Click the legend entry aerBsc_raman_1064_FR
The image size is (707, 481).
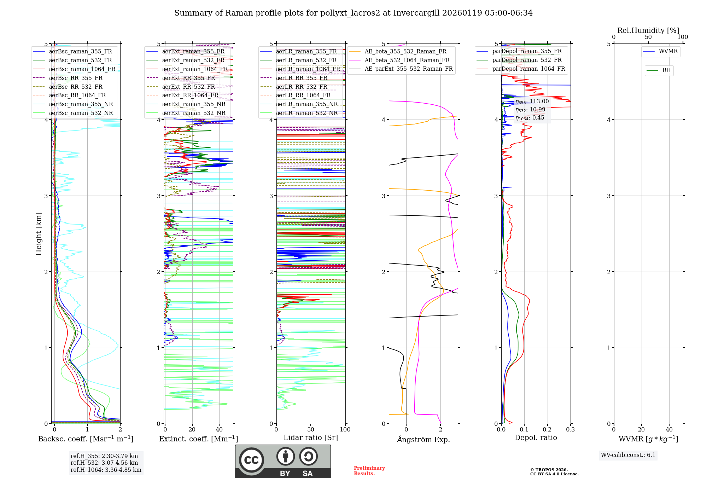[x=82, y=69]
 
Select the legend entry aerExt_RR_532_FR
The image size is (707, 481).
[x=188, y=87]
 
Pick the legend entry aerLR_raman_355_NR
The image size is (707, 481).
[x=306, y=104]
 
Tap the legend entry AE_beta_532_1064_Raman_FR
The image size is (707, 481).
[x=407, y=60]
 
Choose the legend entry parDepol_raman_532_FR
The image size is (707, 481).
[x=527, y=60]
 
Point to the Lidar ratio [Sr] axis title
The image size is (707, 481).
[x=310, y=437]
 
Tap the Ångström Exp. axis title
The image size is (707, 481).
[x=423, y=439]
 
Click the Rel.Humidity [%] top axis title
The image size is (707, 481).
[x=648, y=30]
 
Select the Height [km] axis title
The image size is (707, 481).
[x=39, y=234]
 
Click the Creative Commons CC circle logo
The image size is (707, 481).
[x=251, y=460]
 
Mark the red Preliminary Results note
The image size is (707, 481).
[x=369, y=470]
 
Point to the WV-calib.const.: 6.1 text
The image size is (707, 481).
[x=628, y=455]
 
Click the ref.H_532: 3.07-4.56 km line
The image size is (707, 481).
[x=104, y=463]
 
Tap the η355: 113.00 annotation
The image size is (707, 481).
[x=532, y=102]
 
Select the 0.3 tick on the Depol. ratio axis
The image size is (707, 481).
[x=570, y=430]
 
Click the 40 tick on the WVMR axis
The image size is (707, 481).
[x=669, y=430]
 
